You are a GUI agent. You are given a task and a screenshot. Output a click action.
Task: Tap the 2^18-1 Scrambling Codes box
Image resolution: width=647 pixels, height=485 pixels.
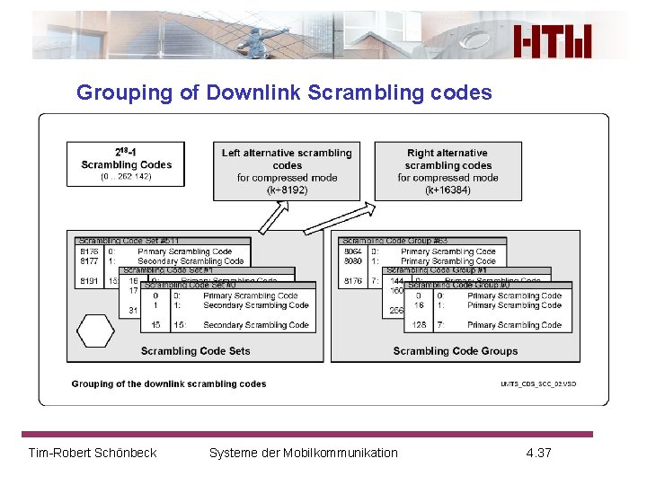126,164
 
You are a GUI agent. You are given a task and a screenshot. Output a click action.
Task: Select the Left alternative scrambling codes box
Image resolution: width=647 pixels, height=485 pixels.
287,171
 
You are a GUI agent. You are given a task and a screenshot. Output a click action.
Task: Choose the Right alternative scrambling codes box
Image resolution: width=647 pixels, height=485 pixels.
448,171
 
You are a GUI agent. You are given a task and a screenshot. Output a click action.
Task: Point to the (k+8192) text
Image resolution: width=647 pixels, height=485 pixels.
287,190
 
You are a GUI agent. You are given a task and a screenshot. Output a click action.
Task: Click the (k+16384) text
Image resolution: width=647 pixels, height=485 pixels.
448,190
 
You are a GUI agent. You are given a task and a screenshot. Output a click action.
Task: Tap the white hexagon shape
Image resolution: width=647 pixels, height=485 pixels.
95,331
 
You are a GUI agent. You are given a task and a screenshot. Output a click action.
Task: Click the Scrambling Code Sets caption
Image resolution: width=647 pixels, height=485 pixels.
195,351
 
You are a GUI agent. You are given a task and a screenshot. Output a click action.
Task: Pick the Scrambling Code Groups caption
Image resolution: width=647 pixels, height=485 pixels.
456,351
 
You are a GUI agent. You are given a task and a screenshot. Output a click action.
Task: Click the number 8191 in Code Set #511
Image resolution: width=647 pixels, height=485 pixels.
88,281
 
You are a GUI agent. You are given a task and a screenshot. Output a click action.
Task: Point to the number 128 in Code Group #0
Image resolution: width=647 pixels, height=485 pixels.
419,325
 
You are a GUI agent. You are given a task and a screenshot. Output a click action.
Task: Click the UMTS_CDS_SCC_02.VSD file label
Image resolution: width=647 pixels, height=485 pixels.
538,384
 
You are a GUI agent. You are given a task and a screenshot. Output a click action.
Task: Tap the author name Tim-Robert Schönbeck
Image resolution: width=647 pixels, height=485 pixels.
93,453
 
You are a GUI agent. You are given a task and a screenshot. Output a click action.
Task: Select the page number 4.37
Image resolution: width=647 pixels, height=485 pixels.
538,453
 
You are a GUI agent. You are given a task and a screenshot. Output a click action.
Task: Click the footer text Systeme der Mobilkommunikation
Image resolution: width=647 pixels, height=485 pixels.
303,453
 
